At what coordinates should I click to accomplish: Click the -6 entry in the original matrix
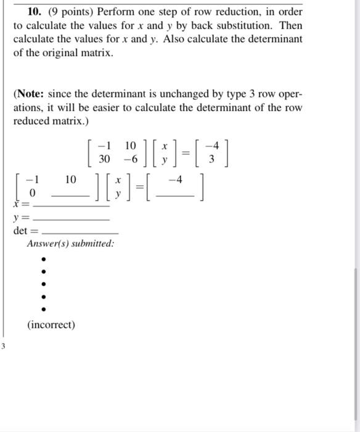tap(129, 159)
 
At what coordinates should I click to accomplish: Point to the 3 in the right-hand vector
tap(211, 159)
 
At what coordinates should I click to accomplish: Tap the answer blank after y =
tap(70, 218)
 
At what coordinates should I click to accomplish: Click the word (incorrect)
tap(51, 325)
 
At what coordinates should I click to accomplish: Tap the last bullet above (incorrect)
tap(43, 310)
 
